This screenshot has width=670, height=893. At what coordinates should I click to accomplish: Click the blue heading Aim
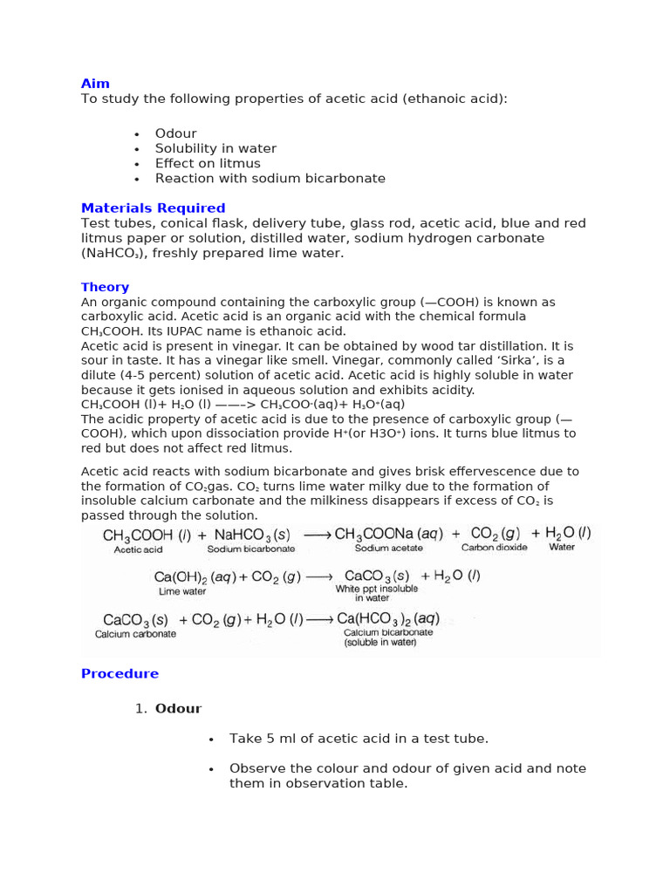coord(95,84)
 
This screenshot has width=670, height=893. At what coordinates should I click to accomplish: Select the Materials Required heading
coord(153,208)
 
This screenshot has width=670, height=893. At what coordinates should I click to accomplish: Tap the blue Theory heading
coord(105,287)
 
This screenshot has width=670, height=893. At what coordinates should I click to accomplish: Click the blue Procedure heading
coord(120,673)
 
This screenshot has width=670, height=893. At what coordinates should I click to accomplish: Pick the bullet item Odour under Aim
coord(175,133)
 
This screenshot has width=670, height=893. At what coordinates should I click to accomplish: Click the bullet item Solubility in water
coord(215,148)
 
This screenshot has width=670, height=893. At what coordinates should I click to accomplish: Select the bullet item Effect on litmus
coord(208,163)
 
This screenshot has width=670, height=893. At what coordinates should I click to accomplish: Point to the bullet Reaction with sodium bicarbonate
coord(270,178)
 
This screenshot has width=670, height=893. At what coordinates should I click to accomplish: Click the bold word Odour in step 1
coord(178,709)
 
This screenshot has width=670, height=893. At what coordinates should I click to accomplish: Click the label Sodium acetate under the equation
coord(388,549)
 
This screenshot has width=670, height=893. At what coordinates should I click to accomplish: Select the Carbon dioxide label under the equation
coord(495,549)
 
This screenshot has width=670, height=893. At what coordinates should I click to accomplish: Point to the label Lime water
coord(182,591)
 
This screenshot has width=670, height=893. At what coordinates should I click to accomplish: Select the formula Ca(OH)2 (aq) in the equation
coord(192,576)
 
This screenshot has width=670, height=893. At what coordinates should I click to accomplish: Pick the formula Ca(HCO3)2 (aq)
coord(388,618)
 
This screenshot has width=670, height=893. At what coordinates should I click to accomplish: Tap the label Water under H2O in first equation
coord(562,548)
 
